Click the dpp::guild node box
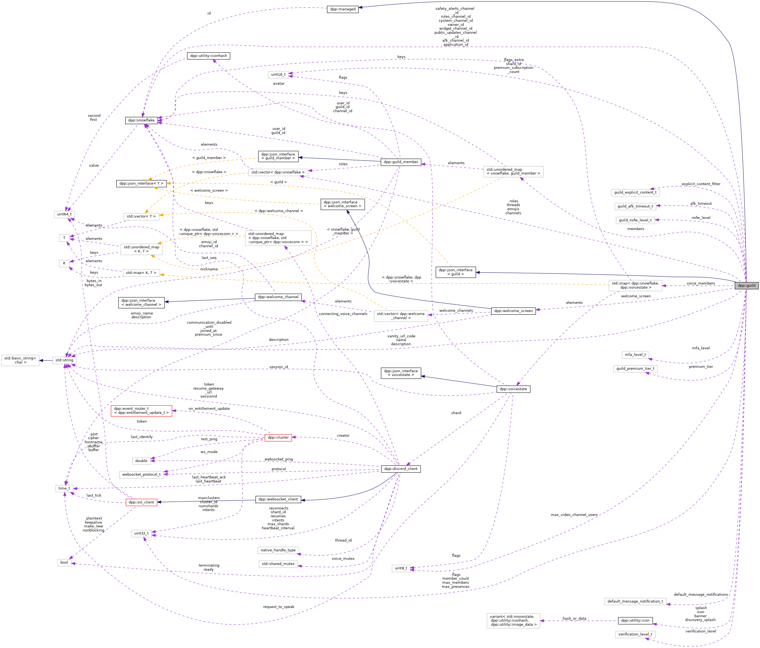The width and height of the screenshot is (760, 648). click(746, 285)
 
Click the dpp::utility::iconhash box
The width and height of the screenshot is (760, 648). click(208, 56)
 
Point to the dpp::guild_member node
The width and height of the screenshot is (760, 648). click(401, 162)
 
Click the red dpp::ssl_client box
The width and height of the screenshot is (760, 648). click(141, 502)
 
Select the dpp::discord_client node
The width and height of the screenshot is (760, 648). click(401, 469)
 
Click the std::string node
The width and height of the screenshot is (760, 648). click(64, 360)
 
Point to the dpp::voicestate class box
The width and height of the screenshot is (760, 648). click(513, 389)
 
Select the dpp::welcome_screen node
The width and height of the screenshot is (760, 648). click(513, 311)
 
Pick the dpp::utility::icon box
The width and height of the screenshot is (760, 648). click(635, 621)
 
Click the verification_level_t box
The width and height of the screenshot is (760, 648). click(635, 634)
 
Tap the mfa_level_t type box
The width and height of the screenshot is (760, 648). click(635, 354)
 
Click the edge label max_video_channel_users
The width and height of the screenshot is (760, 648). click(574, 515)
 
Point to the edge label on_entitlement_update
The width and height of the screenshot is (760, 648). click(209, 408)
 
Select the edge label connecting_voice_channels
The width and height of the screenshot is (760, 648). click(343, 314)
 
